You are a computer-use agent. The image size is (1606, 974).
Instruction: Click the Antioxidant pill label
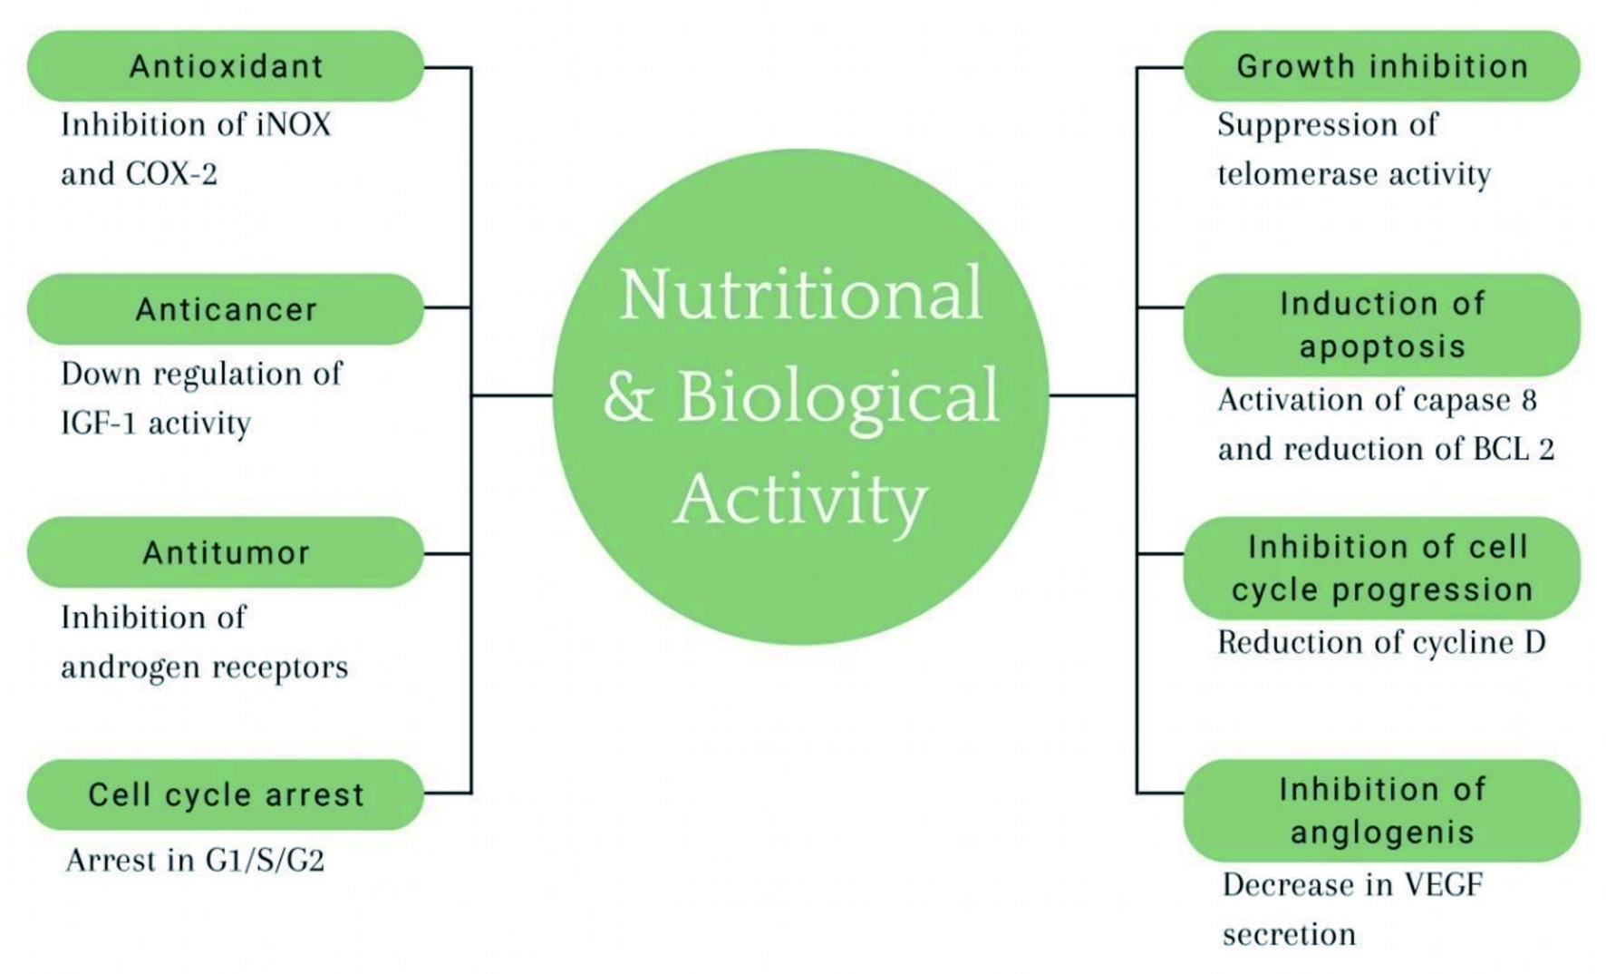(226, 66)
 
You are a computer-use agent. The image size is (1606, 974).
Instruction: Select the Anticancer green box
(226, 309)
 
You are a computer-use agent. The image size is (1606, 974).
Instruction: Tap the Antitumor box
(226, 552)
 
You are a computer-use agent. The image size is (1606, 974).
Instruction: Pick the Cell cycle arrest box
(226, 794)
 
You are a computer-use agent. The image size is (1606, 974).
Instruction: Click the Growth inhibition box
(1382, 66)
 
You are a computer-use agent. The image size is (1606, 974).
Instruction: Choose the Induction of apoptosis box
(1382, 325)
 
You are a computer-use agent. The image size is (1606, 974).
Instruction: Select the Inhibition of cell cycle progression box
(1382, 569)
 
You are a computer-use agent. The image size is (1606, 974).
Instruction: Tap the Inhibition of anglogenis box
(1382, 811)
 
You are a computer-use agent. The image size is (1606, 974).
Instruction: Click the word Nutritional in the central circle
(801, 294)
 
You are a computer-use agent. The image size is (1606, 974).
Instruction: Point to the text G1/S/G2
(265, 860)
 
